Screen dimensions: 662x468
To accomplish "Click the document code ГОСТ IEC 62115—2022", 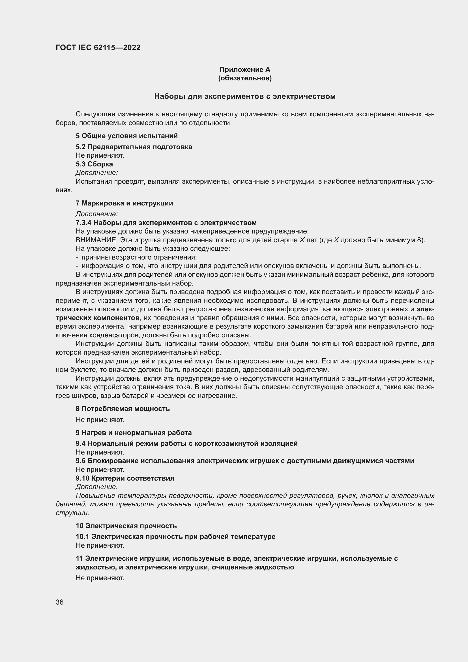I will pyautogui.click(x=98, y=48).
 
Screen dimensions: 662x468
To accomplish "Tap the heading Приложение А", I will pyautogui.click(x=245, y=70).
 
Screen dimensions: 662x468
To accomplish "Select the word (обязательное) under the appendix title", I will pyautogui.click(x=245, y=78).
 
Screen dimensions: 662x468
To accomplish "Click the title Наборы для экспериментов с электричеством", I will pyautogui.click(x=245, y=96).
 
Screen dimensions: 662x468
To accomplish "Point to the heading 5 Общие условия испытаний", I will pyautogui.click(x=126, y=136).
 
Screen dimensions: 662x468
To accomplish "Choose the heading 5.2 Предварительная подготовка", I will pyautogui.click(x=134, y=147).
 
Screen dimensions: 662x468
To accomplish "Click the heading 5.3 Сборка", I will pyautogui.click(x=94, y=164).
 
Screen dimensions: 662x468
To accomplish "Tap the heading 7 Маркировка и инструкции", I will pyautogui.click(x=124, y=203).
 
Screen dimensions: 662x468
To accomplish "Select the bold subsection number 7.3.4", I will pyautogui.click(x=83, y=222).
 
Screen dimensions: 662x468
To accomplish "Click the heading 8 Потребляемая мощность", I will pyautogui.click(x=123, y=409).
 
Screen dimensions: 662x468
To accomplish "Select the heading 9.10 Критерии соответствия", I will pyautogui.click(x=125, y=478).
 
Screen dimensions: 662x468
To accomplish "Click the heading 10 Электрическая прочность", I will pyautogui.click(x=126, y=526).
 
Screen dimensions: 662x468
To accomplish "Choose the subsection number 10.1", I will pyautogui.click(x=82, y=537).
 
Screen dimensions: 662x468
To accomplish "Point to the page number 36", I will pyautogui.click(x=60, y=602).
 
